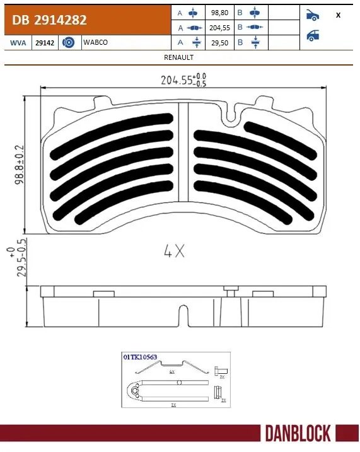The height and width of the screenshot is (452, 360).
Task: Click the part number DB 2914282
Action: (x=47, y=20)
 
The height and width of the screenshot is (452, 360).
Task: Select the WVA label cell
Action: (x=18, y=42)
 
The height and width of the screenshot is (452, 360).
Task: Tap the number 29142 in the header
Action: (x=45, y=42)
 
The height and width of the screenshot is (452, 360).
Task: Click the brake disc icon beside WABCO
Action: (x=70, y=42)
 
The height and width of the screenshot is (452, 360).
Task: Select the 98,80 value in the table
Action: (x=218, y=13)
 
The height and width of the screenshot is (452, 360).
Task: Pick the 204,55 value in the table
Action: (x=218, y=28)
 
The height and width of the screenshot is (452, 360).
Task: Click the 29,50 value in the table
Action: (x=218, y=42)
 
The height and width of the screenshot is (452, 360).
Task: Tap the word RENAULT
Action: (x=178, y=57)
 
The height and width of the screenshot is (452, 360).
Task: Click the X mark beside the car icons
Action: (x=339, y=15)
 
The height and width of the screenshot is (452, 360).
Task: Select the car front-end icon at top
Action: (x=313, y=14)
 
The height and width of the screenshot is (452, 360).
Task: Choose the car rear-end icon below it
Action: (x=313, y=35)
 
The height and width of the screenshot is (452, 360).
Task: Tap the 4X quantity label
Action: (x=174, y=252)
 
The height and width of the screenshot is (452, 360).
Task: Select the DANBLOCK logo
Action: (x=298, y=434)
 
